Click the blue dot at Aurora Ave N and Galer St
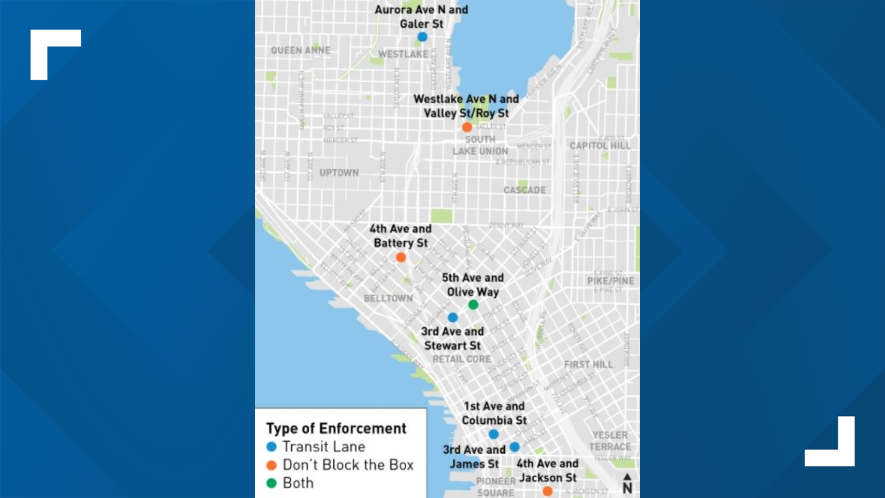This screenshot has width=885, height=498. [422, 37]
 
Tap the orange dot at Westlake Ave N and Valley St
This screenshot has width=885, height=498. [467, 127]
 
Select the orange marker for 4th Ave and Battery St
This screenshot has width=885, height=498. [401, 257]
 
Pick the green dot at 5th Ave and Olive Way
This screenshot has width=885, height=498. [473, 305]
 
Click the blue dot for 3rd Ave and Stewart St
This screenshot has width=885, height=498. [453, 317]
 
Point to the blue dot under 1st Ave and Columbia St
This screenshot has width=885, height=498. [494, 434]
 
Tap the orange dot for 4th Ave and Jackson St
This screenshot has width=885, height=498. [547, 492]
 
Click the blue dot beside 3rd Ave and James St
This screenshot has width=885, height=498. [515, 447]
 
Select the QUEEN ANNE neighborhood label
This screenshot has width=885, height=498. [301, 50]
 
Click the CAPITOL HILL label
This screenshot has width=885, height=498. [600, 146]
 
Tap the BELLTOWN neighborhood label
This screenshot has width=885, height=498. [388, 298]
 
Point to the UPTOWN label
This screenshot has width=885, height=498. [339, 173]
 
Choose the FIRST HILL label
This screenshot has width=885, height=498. [588, 365]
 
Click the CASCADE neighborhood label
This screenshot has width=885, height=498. [525, 190]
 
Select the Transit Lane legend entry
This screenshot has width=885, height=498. [324, 447]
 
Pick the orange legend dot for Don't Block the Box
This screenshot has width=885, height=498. [271, 465]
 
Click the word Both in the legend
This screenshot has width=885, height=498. [298, 483]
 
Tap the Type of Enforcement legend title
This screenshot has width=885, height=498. [336, 428]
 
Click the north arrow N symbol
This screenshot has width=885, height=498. [627, 484]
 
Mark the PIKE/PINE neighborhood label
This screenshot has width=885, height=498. [610, 281]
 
